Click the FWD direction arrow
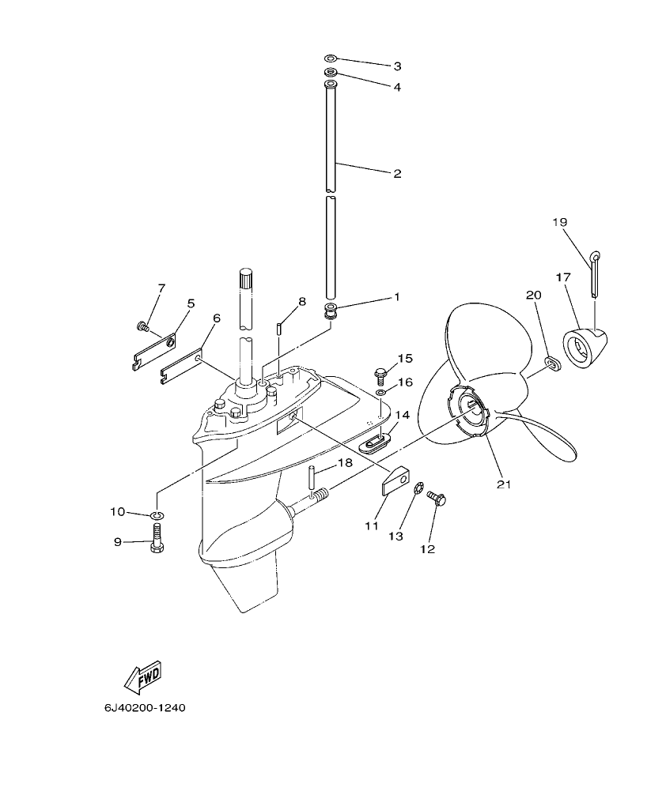(143, 677)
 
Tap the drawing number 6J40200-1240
(144, 707)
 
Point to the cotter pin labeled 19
(594, 273)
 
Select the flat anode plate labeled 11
(396, 480)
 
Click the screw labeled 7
(142, 326)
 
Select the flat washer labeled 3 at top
(331, 58)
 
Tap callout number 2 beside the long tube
(397, 173)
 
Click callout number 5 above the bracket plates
(191, 303)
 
